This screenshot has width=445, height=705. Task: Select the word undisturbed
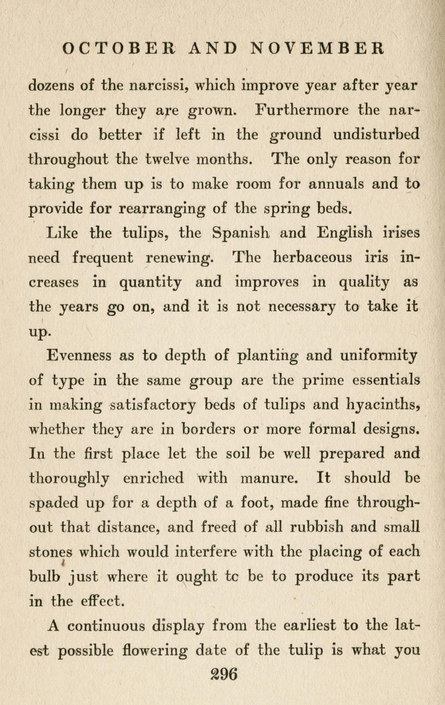pyautogui.click(x=376, y=134)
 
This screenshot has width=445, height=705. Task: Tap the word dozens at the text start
pyautogui.click(x=54, y=85)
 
